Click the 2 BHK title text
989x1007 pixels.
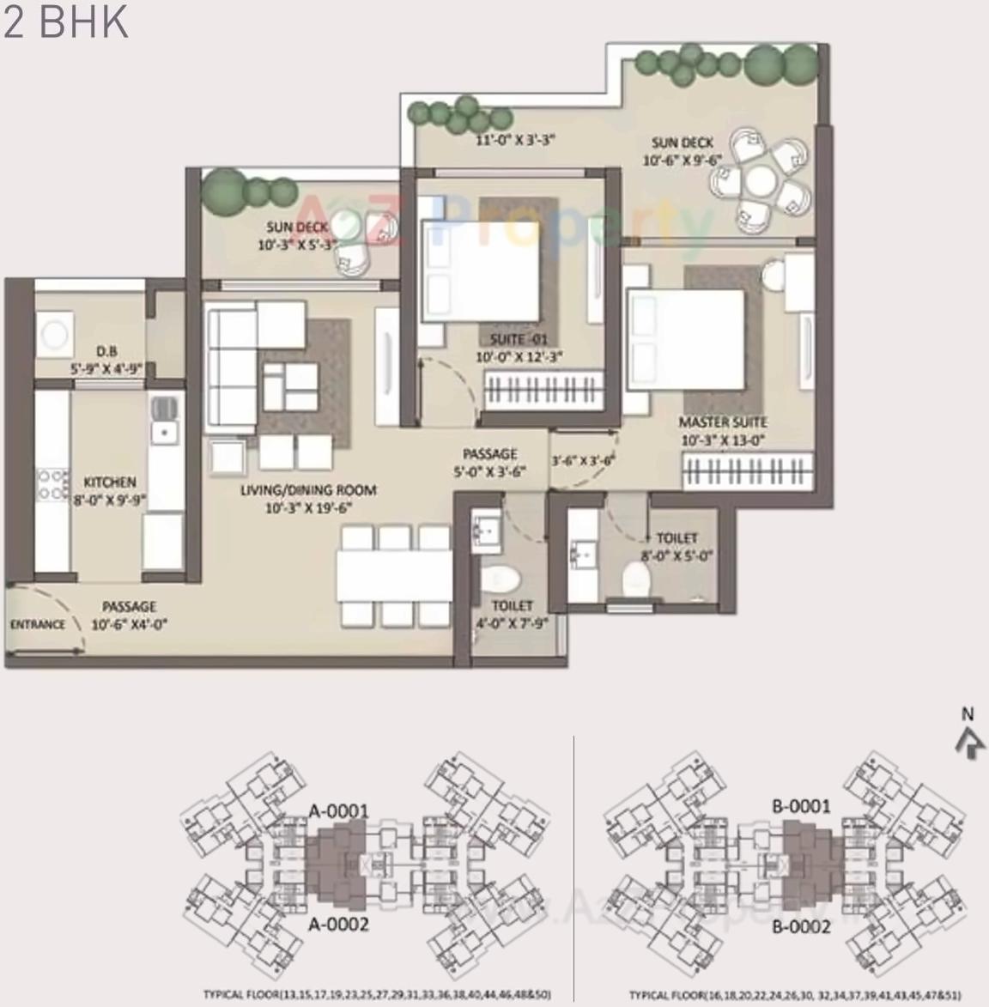pyautogui.click(x=65, y=22)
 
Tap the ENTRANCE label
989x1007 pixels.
pyautogui.click(x=38, y=624)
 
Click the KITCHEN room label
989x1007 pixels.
pyautogui.click(x=109, y=482)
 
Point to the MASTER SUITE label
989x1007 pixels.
pyautogui.click(x=723, y=422)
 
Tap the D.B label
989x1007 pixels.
pyautogui.click(x=106, y=351)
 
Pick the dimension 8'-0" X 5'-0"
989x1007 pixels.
pyautogui.click(x=677, y=556)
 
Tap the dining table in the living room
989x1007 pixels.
pyautogui.click(x=394, y=575)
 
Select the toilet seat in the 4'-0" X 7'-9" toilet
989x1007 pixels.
pyautogui.click(x=497, y=580)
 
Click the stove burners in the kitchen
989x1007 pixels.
pyautogui.click(x=52, y=483)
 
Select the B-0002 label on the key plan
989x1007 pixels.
pyautogui.click(x=801, y=927)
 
